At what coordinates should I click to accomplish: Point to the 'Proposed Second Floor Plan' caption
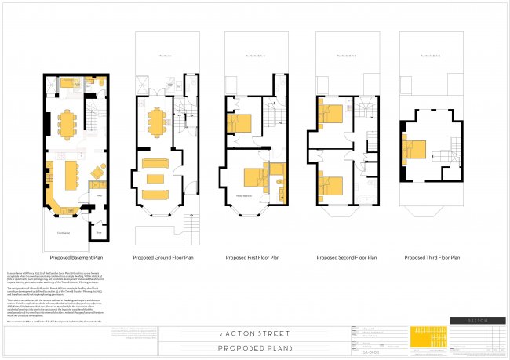coord(345,256)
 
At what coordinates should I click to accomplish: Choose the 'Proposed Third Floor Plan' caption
coord(432,256)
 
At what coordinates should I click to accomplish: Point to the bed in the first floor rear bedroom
coord(242,123)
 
